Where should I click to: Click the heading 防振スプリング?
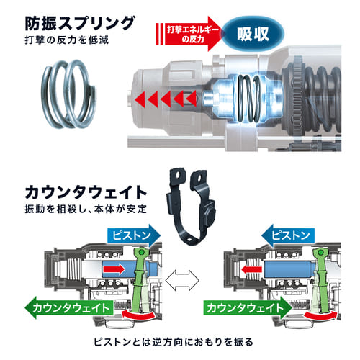80,23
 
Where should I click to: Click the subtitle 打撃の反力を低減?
67,40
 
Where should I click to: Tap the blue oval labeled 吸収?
253,34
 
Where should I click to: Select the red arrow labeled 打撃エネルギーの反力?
189,34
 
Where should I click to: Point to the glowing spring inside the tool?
249,99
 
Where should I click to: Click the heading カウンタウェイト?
86,192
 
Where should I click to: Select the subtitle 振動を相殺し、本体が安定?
86,209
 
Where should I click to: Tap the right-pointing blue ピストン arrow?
134,235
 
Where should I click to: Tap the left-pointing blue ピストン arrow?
288,235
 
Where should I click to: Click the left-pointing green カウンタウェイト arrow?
69,307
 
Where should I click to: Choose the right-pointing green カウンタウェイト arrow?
248,307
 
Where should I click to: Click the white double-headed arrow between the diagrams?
182,280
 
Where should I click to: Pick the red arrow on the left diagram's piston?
114,269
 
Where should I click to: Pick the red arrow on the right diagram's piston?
251,269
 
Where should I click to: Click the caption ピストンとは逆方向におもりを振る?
174,342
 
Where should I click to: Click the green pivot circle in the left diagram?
141,252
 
